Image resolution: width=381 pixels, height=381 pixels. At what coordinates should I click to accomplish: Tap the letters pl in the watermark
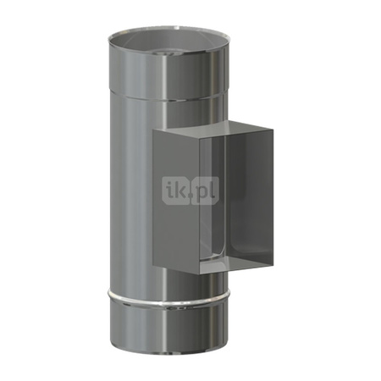pos(205,194)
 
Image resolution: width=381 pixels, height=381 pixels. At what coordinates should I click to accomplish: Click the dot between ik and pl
pos(191,198)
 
